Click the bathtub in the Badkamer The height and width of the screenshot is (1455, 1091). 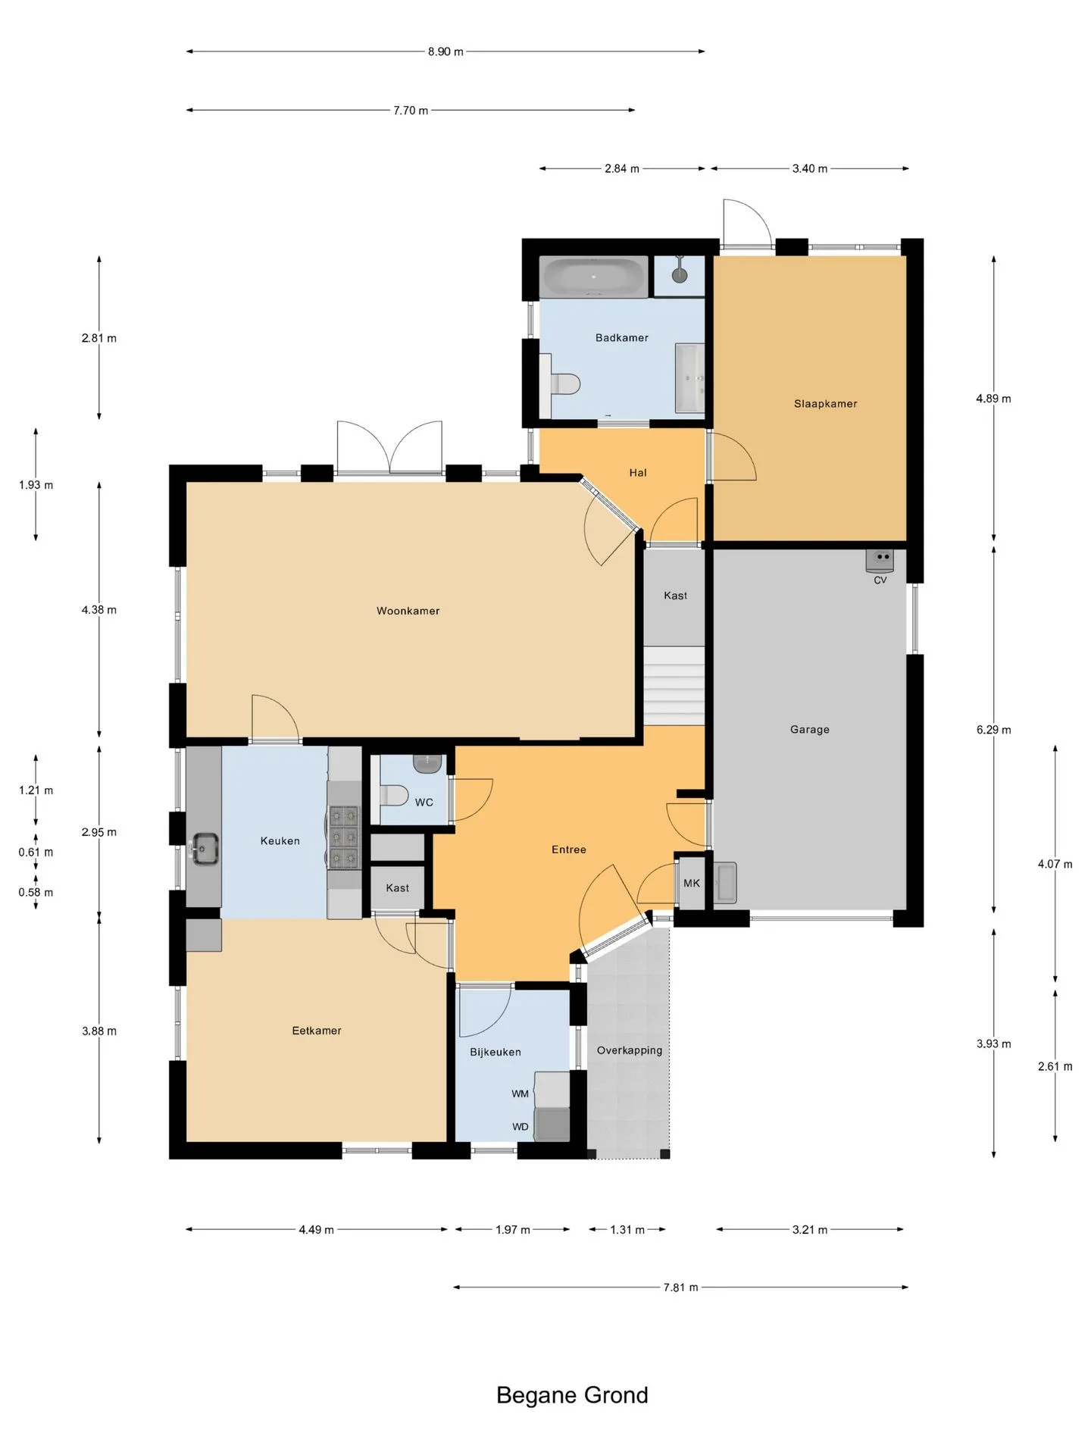(x=594, y=277)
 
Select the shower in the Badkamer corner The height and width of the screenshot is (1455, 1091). (x=680, y=275)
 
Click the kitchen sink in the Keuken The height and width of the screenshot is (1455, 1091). (x=205, y=849)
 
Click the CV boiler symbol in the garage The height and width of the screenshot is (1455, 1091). (x=880, y=560)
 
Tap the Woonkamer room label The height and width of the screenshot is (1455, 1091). (x=408, y=611)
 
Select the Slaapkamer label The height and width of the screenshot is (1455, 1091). (x=825, y=404)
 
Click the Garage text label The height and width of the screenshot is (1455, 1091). (x=809, y=730)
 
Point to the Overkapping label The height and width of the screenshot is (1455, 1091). (x=629, y=1050)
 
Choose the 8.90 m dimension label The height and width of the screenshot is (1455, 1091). (x=445, y=52)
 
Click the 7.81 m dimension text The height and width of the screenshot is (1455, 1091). (x=680, y=1287)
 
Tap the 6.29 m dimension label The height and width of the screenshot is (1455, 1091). (x=993, y=730)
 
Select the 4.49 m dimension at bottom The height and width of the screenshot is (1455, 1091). (x=316, y=1230)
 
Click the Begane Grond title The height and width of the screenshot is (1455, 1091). (x=572, y=1395)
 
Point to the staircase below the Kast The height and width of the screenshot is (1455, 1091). (x=674, y=686)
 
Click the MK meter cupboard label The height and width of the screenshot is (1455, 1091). (x=692, y=884)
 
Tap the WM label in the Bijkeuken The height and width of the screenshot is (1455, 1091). (x=520, y=1094)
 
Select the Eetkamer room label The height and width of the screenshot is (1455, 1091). (x=317, y=1031)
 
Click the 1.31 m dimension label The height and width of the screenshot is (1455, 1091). (x=627, y=1230)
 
